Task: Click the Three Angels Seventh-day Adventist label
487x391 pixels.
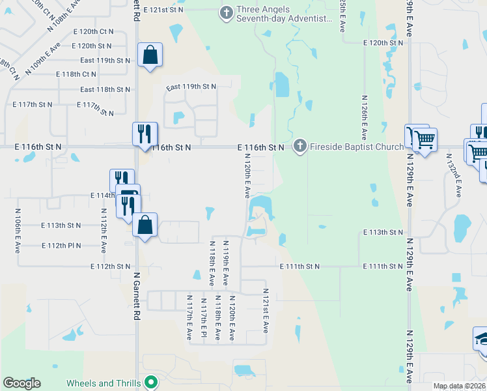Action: click(284, 14)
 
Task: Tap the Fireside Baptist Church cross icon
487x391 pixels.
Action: click(299, 146)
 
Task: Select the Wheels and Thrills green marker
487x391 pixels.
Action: click(152, 382)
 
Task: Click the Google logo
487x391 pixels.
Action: click(21, 383)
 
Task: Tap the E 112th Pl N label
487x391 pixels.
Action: click(61, 246)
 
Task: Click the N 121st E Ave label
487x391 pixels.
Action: click(266, 311)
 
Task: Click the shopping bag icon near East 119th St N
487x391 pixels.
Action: click(150, 56)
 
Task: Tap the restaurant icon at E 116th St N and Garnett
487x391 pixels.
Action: click(145, 134)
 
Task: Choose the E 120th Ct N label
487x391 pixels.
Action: click(93, 31)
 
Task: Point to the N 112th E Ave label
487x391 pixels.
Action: click(104, 231)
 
